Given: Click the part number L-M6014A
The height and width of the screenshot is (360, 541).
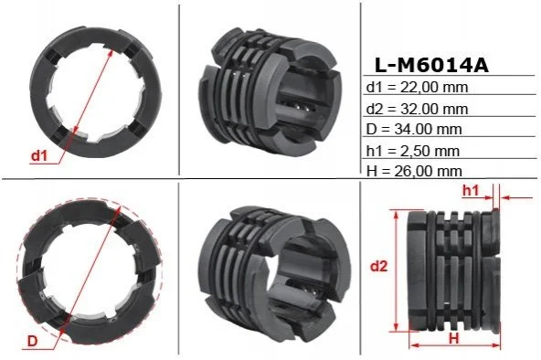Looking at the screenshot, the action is pyautogui.click(x=431, y=65).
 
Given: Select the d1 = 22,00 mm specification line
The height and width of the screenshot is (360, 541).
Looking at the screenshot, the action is pyautogui.click(x=417, y=87).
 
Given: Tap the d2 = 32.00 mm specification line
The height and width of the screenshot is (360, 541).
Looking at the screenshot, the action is pyautogui.click(x=417, y=109).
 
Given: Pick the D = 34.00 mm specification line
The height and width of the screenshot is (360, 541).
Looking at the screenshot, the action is pyautogui.click(x=414, y=129).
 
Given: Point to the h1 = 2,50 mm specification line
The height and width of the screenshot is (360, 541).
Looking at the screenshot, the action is pyautogui.click(x=413, y=151).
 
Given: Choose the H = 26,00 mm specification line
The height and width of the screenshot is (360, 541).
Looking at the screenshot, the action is pyautogui.click(x=414, y=171).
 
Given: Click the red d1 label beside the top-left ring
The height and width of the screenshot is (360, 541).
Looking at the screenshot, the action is pyautogui.click(x=38, y=156).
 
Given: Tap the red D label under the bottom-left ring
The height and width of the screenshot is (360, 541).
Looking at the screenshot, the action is pyautogui.click(x=32, y=341).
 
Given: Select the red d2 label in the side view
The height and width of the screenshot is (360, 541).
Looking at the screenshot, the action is pyautogui.click(x=379, y=266).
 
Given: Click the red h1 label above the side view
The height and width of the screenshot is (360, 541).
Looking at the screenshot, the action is pyautogui.click(x=471, y=190).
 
